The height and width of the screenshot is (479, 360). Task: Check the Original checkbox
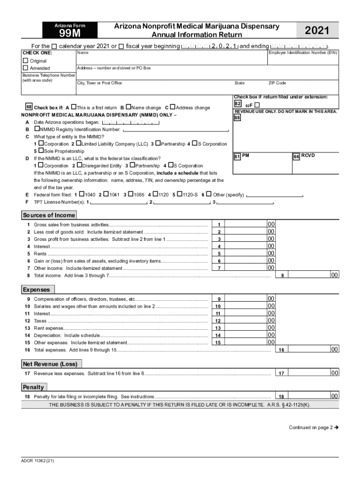[25, 61]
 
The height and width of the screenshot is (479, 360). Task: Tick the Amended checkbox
[25, 68]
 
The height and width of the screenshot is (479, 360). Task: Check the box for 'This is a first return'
[73, 107]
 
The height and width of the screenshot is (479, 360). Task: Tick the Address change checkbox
[173, 107]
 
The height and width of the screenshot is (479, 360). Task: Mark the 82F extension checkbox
[257, 105]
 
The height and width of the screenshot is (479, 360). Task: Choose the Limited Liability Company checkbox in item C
[78, 143]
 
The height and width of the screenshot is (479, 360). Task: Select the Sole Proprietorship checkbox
[41, 151]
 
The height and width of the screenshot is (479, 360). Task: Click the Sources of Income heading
[49, 215]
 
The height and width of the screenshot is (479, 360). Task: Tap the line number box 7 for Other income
[219, 269]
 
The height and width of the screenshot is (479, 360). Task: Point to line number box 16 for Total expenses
[282, 350]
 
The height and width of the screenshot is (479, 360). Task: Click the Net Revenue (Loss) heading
[50, 364]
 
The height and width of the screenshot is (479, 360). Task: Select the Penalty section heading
[34, 387]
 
